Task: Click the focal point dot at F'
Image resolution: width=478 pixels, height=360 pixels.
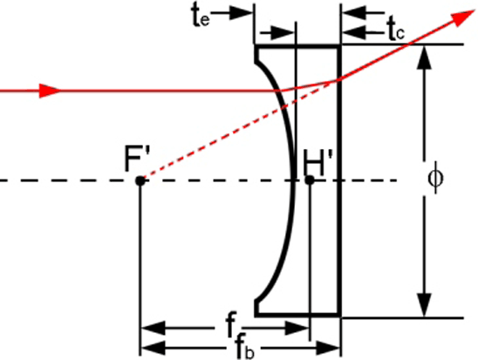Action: click(140, 180)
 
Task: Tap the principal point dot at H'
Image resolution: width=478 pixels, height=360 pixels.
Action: click(310, 180)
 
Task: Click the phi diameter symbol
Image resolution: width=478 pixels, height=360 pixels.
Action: click(435, 178)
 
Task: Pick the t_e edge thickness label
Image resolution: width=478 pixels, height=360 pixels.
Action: click(201, 17)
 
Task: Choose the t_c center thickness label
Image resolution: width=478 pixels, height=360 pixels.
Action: click(396, 30)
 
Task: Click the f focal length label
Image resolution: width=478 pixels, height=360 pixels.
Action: click(231, 324)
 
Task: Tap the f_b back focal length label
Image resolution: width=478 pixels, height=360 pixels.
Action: click(245, 348)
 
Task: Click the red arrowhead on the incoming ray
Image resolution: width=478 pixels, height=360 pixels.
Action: click(50, 91)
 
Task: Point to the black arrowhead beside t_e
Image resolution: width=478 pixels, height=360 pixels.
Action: click(241, 13)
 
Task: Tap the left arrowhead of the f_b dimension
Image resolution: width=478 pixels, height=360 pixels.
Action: click(154, 348)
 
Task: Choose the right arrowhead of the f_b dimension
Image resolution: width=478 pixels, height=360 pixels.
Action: click(328, 348)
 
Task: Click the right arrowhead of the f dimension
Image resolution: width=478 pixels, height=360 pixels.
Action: click(297, 328)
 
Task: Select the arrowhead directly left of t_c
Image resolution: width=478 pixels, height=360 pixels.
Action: click(354, 31)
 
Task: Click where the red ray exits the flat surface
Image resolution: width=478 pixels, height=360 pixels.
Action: click(338, 80)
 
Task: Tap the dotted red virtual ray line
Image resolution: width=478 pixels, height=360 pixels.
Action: click(239, 129)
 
